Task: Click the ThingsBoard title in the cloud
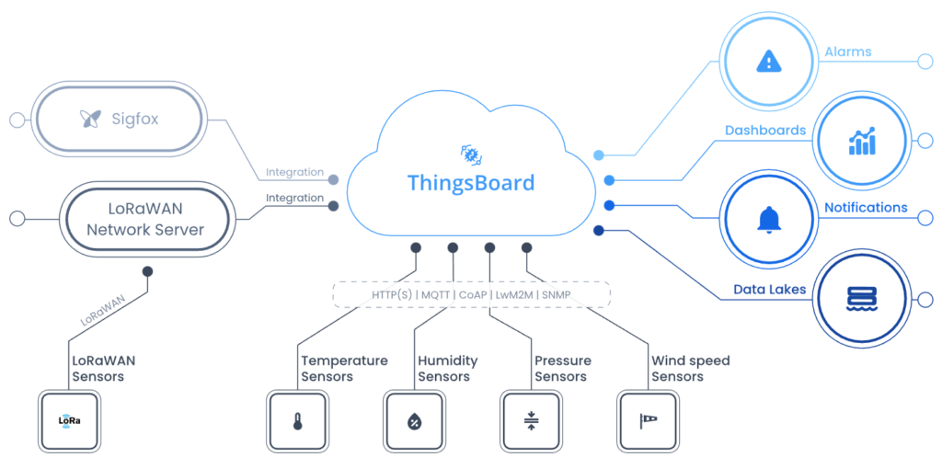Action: pyautogui.click(x=470, y=182)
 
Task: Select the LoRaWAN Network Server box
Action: pyautogui.click(x=144, y=218)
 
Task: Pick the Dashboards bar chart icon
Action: pyautogui.click(x=862, y=142)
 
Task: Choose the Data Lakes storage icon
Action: pyautogui.click(x=861, y=299)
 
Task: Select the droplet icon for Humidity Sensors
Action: pyautogui.click(x=414, y=422)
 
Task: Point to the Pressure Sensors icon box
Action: pyautogui.click(x=531, y=422)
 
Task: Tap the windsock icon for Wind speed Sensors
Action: pyautogui.click(x=648, y=422)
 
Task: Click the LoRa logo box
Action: pyautogui.click(x=70, y=422)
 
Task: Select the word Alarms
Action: pyautogui.click(x=847, y=52)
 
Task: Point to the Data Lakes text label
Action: pyautogui.click(x=769, y=290)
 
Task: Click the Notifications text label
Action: pyautogui.click(x=866, y=208)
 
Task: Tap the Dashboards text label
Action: pyautogui.click(x=765, y=131)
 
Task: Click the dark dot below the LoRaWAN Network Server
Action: pyautogui.click(x=147, y=271)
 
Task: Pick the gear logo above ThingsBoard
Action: pyautogui.click(x=471, y=153)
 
